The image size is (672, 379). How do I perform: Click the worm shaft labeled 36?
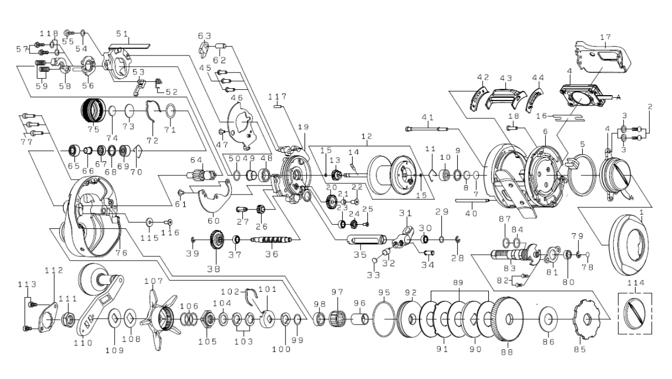271,241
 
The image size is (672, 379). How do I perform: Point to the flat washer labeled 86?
547,320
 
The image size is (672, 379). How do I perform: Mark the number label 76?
122,253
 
